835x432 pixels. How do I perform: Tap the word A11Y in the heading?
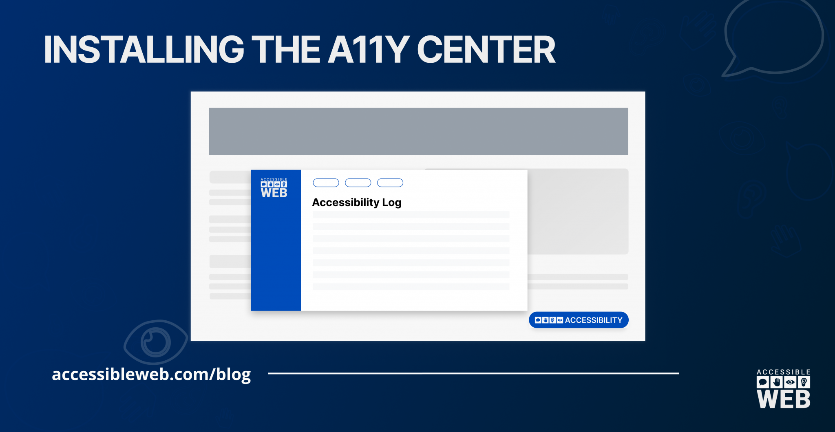click(369, 49)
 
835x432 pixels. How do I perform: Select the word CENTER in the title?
click(486, 49)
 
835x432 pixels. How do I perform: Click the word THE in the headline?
click(286, 49)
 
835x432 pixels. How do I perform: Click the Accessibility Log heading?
click(357, 203)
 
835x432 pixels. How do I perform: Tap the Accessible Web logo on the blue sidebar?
click(274, 188)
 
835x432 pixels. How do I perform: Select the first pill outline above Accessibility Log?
click(326, 183)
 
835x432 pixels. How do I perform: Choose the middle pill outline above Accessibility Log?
click(358, 183)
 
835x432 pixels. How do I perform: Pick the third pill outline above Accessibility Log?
click(390, 183)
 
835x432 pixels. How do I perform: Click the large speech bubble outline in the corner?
click(730, 57)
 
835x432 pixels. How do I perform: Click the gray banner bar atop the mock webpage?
click(418, 131)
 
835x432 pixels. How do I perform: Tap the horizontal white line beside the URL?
click(473, 373)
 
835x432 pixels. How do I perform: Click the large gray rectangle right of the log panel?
click(578, 212)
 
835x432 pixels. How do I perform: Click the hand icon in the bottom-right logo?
click(777, 382)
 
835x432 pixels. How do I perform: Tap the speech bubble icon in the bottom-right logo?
click(763, 382)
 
